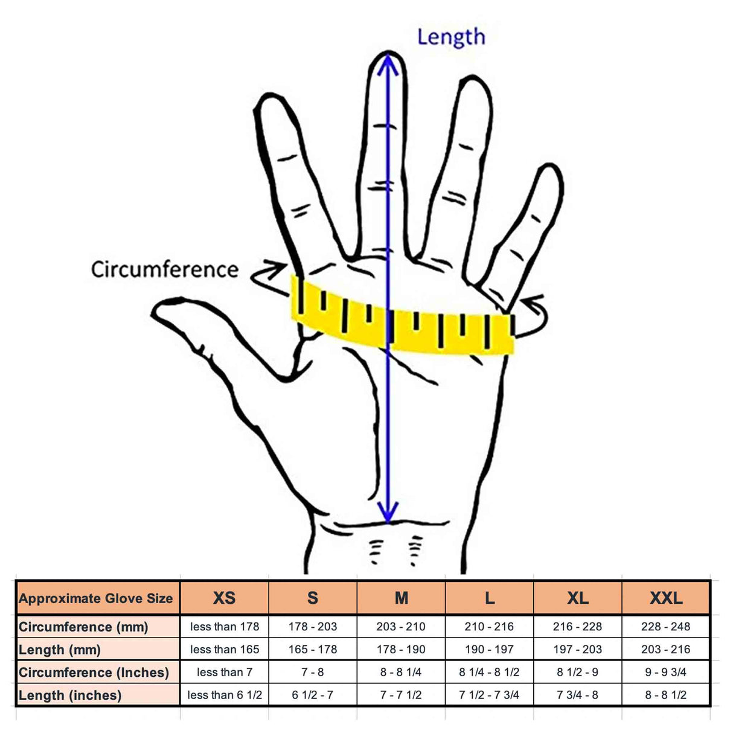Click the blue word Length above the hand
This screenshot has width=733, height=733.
point(451,37)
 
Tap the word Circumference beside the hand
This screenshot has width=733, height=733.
point(164,269)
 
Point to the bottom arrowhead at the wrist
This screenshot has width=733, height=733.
point(388,513)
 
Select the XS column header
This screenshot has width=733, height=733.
point(224,598)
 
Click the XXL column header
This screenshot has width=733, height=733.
point(665,598)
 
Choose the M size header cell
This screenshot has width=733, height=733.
point(401,598)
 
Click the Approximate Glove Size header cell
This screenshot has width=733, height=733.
point(96,598)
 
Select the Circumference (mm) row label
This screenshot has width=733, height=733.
point(83,627)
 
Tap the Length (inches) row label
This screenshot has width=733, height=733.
point(70,695)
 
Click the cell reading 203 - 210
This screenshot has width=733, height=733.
point(401,627)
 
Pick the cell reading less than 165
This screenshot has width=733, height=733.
point(224,650)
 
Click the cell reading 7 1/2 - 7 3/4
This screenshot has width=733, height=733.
point(489,695)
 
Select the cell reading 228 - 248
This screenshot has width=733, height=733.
point(665,627)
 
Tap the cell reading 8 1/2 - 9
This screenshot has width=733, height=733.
point(577,672)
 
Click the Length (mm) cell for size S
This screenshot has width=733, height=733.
point(313,650)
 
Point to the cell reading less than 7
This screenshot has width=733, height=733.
point(224,672)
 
